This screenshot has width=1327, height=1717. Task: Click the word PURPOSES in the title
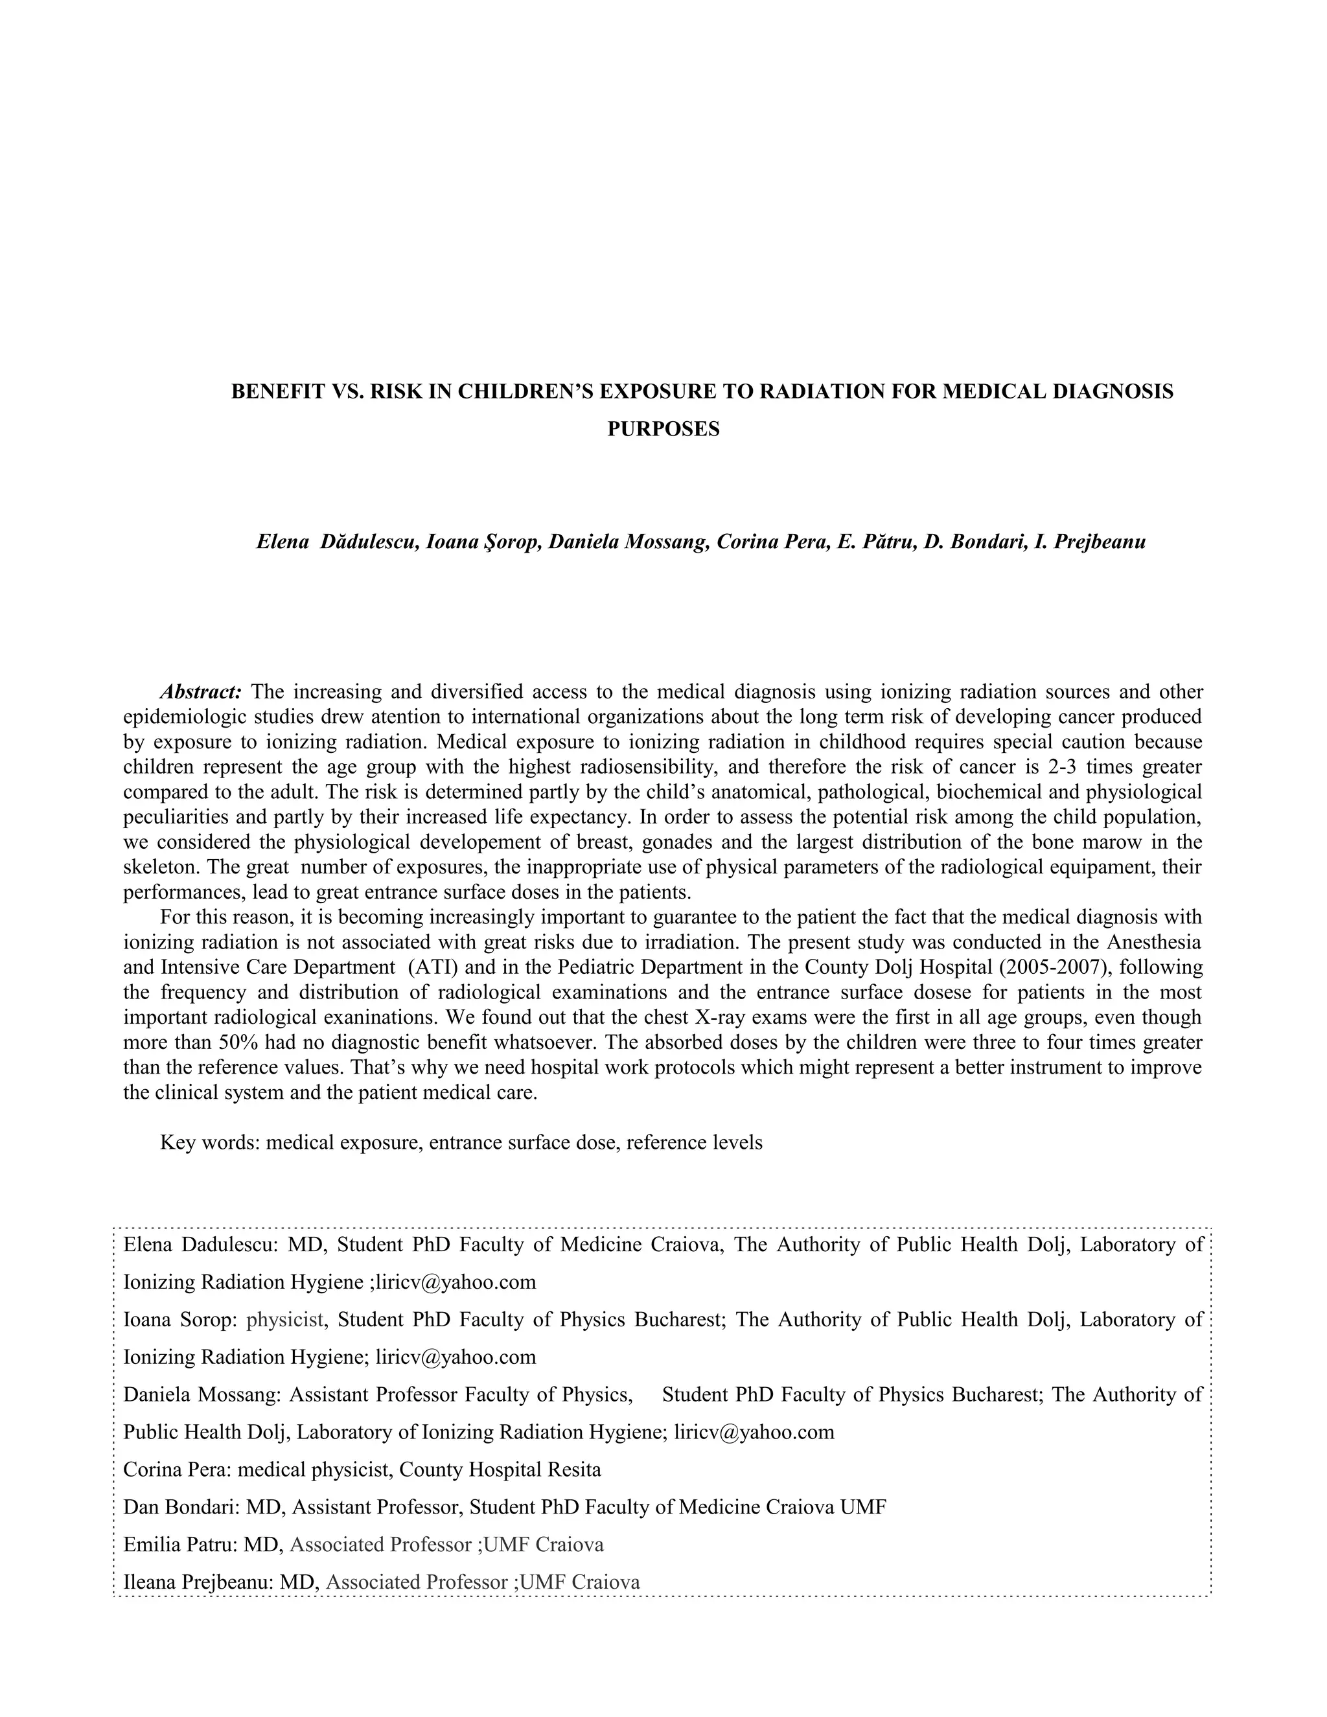[663, 429]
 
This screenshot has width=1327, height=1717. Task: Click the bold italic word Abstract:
[200, 692]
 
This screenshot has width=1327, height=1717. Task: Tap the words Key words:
[210, 1142]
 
